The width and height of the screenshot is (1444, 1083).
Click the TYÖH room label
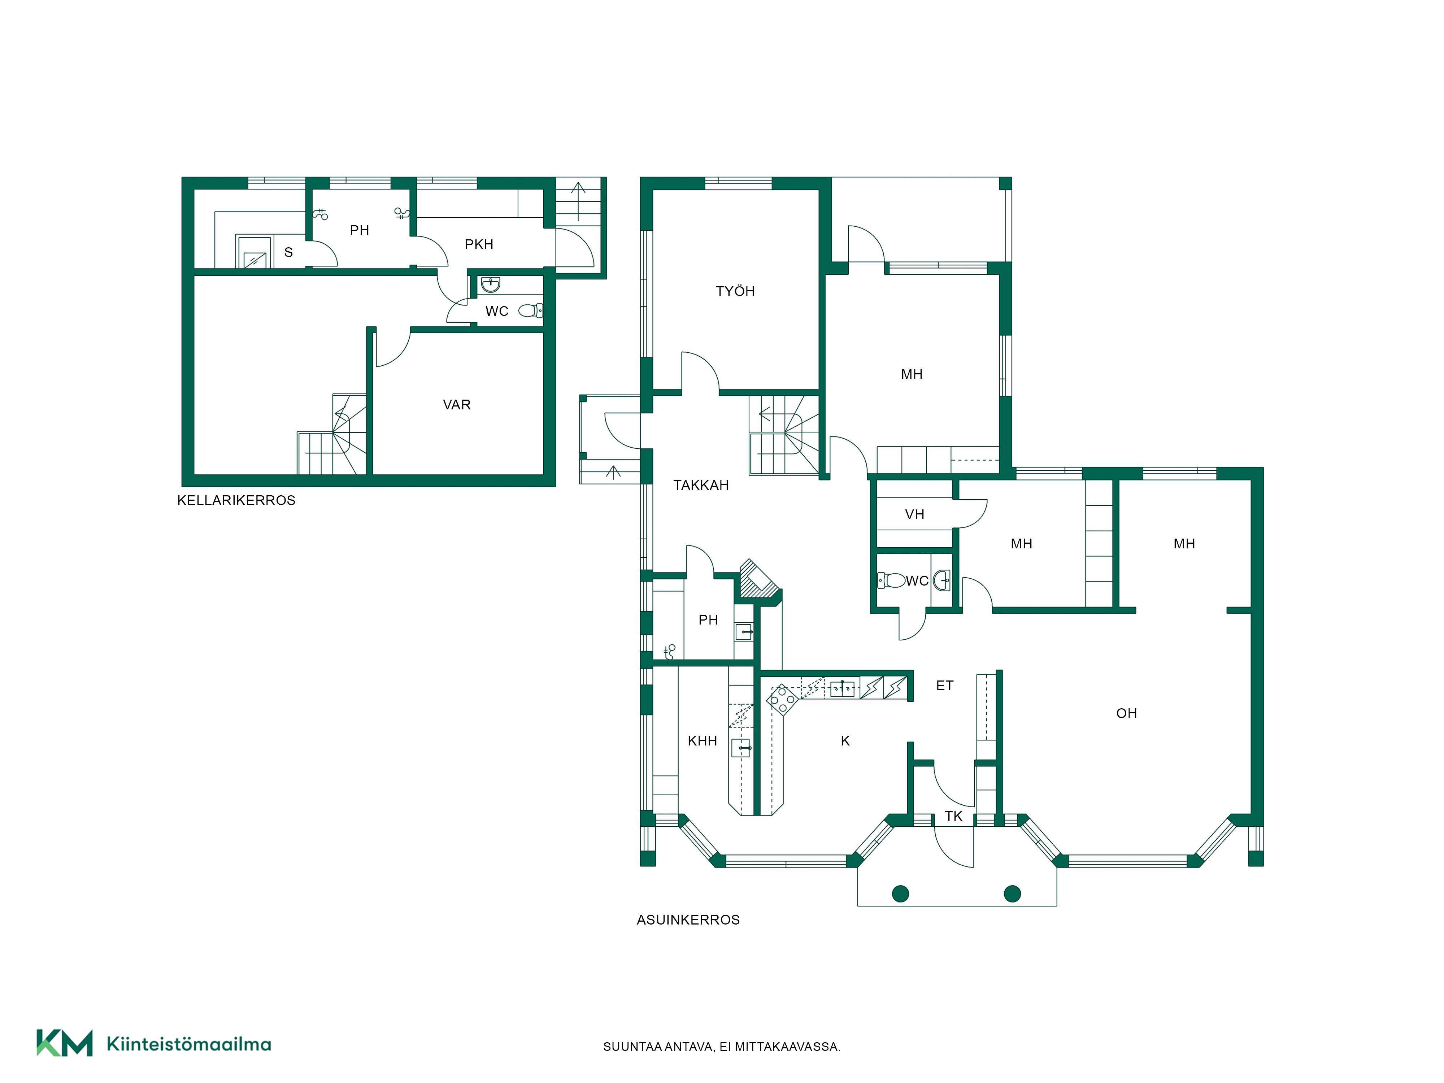[735, 291]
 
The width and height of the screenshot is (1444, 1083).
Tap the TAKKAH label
[700, 485]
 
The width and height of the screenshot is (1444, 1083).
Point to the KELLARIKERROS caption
[236, 500]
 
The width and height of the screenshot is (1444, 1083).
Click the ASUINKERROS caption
[688, 920]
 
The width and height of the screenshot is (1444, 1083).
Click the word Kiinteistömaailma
[189, 1044]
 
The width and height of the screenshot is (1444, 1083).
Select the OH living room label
[1126, 713]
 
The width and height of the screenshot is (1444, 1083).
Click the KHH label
[703, 741]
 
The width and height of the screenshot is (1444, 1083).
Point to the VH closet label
[914, 514]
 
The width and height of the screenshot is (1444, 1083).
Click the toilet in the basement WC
[531, 311]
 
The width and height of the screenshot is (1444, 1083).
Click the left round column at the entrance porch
[900, 894]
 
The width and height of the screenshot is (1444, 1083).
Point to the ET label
[945, 686]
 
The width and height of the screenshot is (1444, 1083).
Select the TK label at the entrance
[953, 816]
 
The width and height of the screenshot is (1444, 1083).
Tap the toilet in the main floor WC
[891, 580]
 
